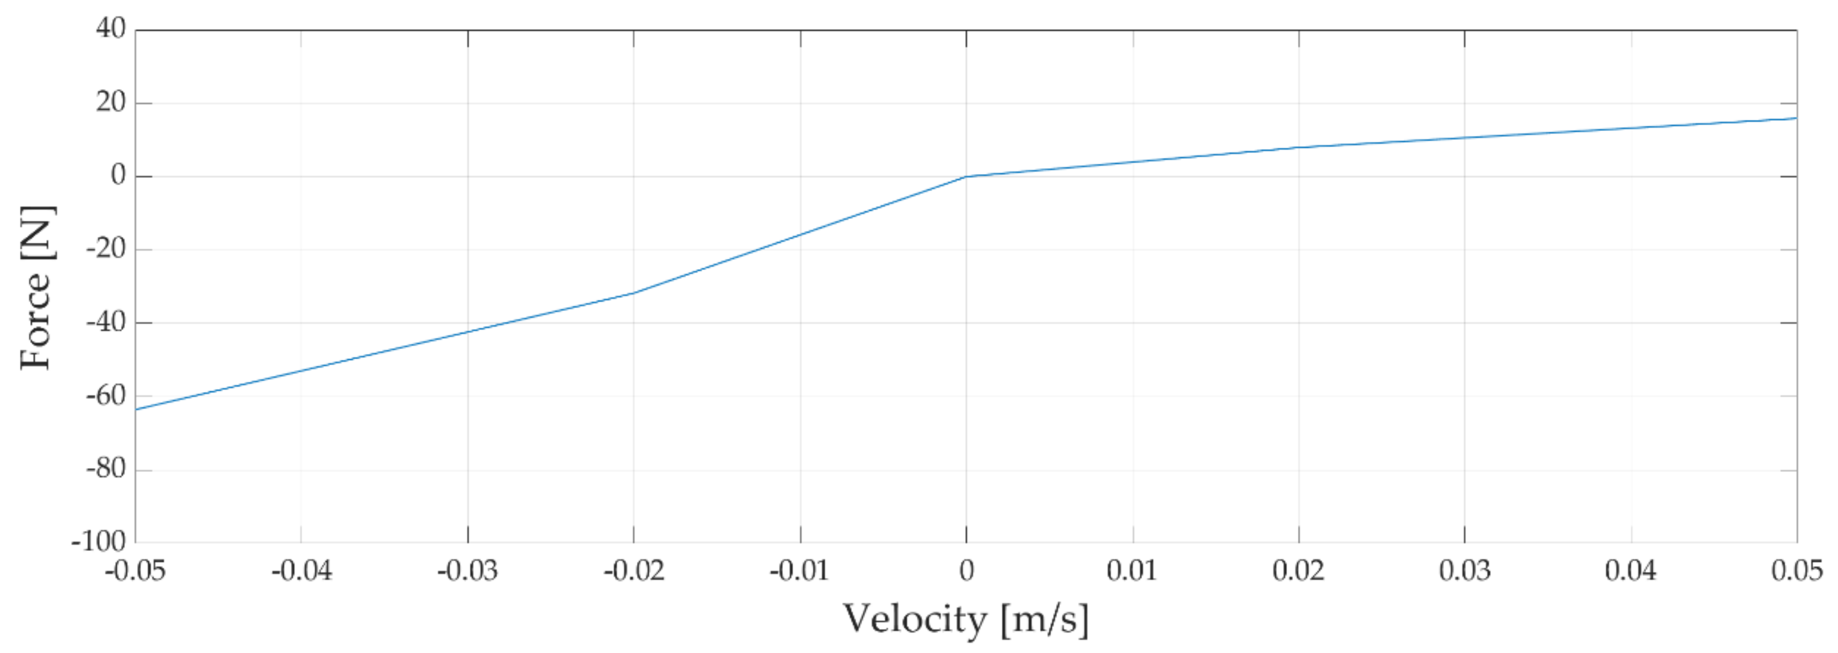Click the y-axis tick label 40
[x=111, y=28]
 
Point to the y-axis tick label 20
[x=111, y=103]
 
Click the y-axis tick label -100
[x=98, y=542]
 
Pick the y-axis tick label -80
[x=105, y=469]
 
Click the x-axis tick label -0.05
[x=135, y=571]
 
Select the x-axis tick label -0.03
[x=468, y=571]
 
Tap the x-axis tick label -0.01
[x=799, y=571]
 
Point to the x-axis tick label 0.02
[x=1298, y=571]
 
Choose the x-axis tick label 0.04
[x=1631, y=571]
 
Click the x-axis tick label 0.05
[x=1797, y=571]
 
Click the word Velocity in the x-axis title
[x=915, y=619]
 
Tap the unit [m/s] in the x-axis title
[x=1045, y=619]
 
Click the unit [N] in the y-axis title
[x=35, y=233]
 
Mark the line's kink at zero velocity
[x=966, y=176]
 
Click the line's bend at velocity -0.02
[x=634, y=292]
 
